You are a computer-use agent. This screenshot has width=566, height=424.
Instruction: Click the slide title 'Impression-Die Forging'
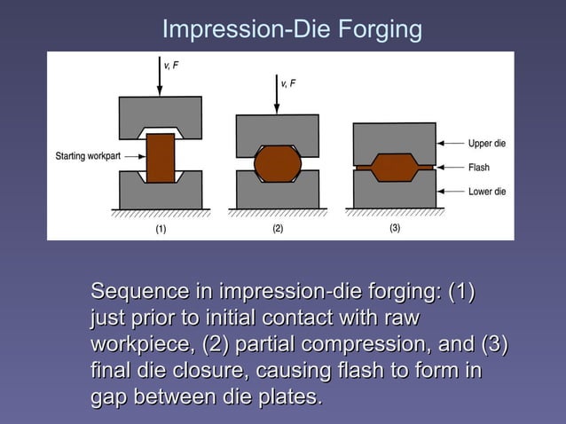[291, 29]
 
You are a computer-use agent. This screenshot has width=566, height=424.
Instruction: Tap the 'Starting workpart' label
[88, 157]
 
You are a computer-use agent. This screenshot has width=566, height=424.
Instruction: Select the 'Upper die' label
[487, 143]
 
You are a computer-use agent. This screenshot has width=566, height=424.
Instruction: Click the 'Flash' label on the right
[479, 167]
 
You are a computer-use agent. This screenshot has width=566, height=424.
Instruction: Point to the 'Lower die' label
[487, 192]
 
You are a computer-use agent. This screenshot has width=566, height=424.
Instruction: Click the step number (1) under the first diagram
[161, 228]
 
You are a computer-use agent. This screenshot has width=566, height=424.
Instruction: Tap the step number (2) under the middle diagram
[278, 228]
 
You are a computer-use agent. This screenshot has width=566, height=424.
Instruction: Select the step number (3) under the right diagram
[395, 228]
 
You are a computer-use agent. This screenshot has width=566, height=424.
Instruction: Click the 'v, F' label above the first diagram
[171, 64]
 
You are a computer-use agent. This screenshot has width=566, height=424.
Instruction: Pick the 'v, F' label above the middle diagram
[288, 83]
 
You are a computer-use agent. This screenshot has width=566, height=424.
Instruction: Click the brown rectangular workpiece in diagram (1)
[161, 158]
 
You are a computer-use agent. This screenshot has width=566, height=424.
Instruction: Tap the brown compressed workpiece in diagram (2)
[278, 164]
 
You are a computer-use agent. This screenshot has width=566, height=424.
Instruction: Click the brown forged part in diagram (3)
[395, 167]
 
